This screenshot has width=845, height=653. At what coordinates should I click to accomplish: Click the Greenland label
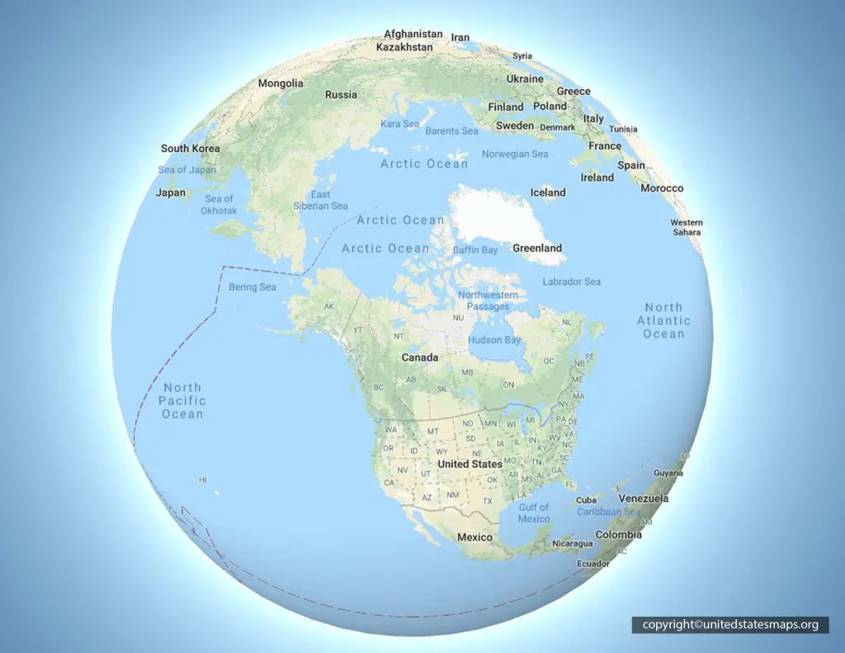(x=536, y=248)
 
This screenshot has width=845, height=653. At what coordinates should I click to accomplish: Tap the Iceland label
(x=548, y=192)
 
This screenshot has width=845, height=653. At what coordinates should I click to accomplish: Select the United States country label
(x=470, y=464)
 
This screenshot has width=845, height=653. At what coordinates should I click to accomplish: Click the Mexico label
(x=474, y=537)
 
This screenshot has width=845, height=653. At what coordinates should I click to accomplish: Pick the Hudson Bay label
(x=494, y=340)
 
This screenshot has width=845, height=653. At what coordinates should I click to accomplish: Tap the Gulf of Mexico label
(x=534, y=513)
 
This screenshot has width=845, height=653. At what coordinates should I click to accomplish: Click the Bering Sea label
(x=252, y=287)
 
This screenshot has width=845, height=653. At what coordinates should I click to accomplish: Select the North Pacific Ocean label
(x=182, y=400)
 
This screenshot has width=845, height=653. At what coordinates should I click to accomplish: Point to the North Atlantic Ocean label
(x=663, y=320)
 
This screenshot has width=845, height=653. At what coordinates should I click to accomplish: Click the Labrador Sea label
(x=572, y=282)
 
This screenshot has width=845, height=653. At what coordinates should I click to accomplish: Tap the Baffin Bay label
(x=475, y=249)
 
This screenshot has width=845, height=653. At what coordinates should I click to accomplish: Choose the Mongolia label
(x=281, y=83)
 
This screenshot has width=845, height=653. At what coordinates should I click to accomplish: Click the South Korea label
(x=191, y=149)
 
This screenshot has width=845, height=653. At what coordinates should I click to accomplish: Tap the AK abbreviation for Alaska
(x=328, y=306)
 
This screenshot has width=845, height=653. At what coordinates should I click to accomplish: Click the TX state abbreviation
(x=487, y=501)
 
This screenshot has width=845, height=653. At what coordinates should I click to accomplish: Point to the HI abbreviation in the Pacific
(x=203, y=480)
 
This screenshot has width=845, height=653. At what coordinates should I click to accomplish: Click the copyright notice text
(x=730, y=625)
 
